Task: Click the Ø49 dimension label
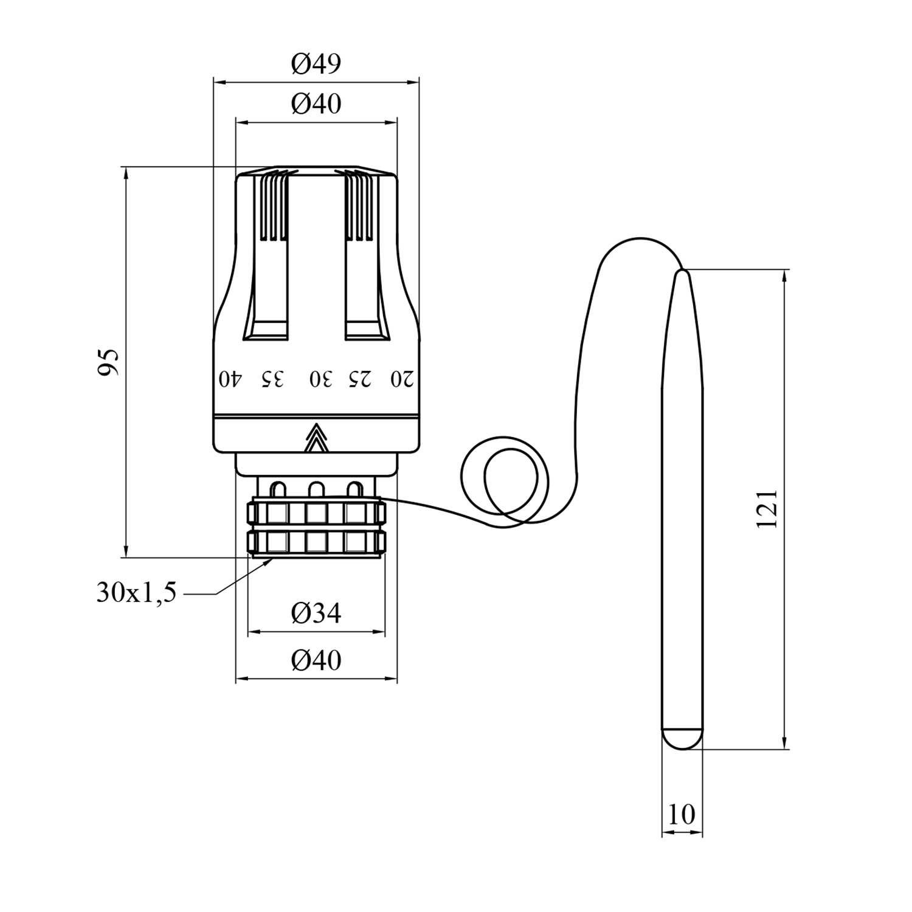click(316, 63)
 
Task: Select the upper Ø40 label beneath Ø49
click(316, 104)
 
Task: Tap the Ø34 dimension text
click(316, 613)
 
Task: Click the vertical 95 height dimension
click(108, 362)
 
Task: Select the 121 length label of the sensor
click(767, 508)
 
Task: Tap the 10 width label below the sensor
click(681, 815)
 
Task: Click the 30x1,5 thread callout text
click(136, 592)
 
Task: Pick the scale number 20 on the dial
click(402, 379)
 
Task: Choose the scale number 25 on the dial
click(359, 379)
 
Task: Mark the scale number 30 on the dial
click(321, 379)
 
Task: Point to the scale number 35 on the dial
click(272, 379)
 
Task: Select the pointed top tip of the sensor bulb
click(682, 277)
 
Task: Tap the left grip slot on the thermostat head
click(270, 286)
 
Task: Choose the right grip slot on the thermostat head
click(363, 286)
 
